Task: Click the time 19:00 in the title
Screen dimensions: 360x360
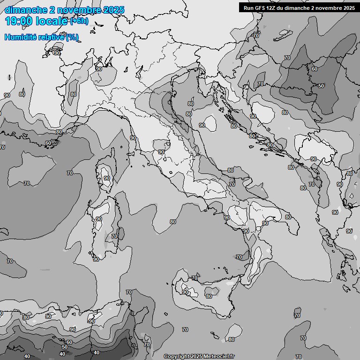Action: click(19, 21)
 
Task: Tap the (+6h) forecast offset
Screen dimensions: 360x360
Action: click(79, 21)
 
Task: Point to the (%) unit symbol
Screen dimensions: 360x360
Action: click(72, 37)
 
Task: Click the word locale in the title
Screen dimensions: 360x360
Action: click(52, 21)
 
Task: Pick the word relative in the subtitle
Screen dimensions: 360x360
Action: click(52, 37)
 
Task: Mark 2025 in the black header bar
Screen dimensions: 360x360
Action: click(347, 7)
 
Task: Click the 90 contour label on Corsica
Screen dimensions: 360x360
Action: click(107, 178)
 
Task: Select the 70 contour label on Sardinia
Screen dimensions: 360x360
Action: click(114, 237)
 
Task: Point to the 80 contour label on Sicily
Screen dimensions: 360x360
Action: click(209, 296)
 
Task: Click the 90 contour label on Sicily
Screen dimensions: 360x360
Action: click(185, 292)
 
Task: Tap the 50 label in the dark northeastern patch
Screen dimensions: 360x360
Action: click(321, 86)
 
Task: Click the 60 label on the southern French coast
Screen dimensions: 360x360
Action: click(48, 143)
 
